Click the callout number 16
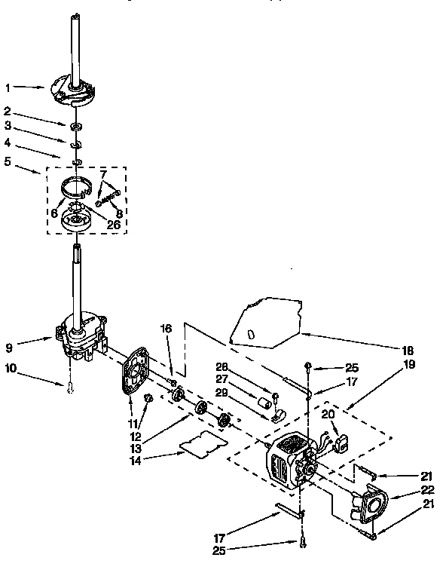(x=167, y=328)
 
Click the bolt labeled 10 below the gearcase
(x=69, y=388)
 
